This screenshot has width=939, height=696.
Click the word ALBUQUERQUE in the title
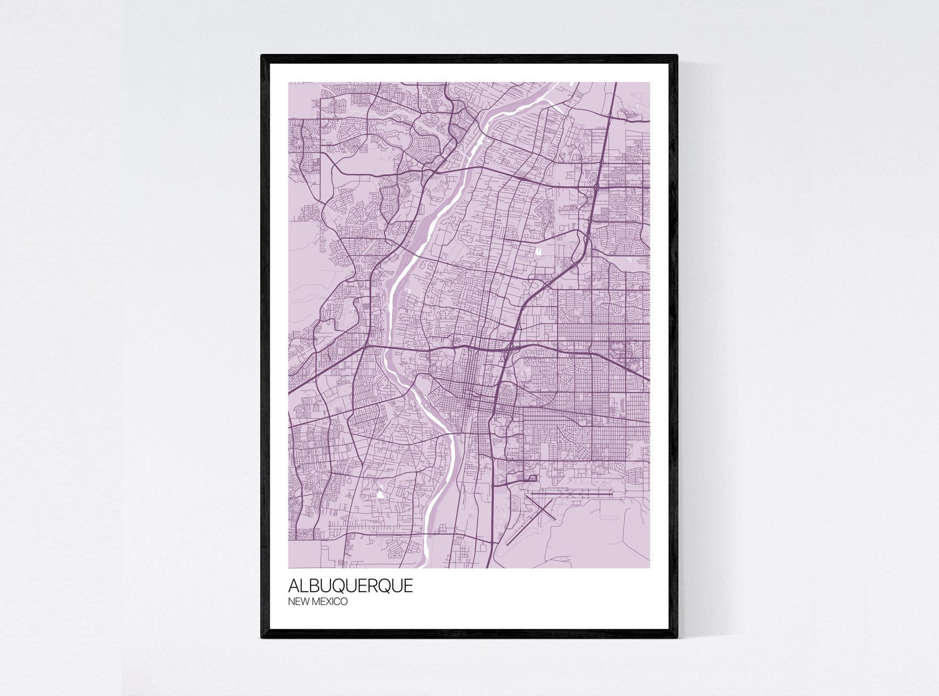[x=350, y=586]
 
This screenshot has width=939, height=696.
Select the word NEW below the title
[x=297, y=602]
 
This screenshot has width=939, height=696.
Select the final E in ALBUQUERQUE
[x=408, y=586]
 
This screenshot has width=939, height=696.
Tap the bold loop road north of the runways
[x=532, y=478]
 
